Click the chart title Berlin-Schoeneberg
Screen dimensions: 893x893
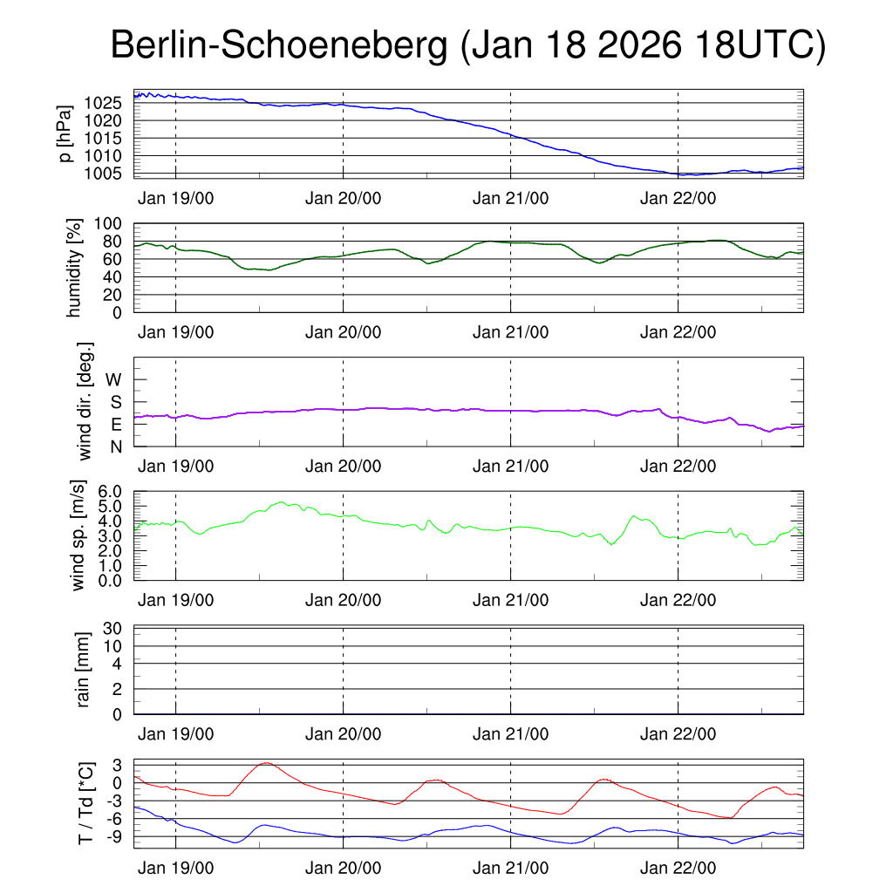point(280,46)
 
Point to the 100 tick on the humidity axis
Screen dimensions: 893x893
point(114,223)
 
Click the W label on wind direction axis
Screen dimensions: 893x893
point(114,379)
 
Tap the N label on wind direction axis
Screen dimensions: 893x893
point(116,446)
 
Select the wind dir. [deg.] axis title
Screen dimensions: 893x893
point(85,400)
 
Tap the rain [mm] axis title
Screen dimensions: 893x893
point(84,669)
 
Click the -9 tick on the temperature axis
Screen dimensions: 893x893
point(116,836)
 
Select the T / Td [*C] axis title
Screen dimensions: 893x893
point(85,803)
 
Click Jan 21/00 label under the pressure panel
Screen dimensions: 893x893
point(510,198)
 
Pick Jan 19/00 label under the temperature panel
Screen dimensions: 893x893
point(175,869)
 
